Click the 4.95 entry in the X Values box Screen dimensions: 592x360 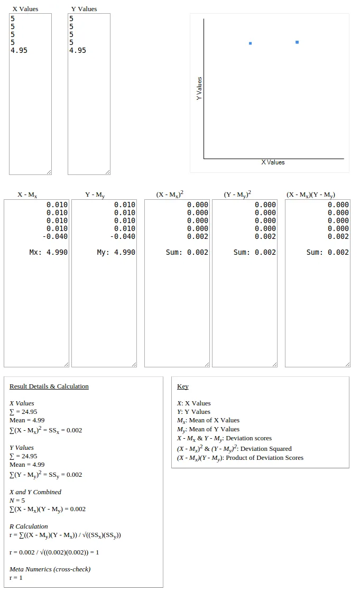coord(19,50)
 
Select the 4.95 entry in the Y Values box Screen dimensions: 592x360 coord(78,50)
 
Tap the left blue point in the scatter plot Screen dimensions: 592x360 coord(250,43)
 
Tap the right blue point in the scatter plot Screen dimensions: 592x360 coord(297,42)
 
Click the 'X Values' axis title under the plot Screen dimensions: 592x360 coord(273,162)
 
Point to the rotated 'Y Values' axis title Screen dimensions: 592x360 coord(199,89)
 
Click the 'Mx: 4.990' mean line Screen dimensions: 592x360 coord(49,252)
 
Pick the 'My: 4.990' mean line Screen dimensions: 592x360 coord(116,252)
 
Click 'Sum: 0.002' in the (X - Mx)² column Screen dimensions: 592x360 coord(187,252)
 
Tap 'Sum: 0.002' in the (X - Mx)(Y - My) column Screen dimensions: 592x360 coord(328,252)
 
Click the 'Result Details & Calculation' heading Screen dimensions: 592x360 coord(49,386)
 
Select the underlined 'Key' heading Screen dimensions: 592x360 coord(183,386)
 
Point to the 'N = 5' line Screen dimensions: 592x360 coord(17,500)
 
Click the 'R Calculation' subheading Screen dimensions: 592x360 coord(29,526)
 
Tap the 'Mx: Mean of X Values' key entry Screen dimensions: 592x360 coord(208,421)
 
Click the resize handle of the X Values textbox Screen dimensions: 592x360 coord(49,172)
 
